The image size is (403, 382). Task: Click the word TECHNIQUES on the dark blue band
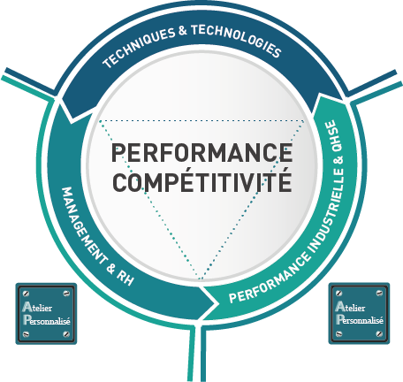(139, 47)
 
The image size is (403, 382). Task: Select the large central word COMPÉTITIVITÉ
(202, 180)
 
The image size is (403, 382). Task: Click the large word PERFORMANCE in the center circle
(202, 152)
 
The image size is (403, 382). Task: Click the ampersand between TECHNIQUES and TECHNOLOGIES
(183, 31)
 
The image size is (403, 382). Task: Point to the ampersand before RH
(110, 267)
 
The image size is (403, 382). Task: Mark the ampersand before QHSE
(338, 160)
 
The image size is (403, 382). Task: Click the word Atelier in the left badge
(37, 307)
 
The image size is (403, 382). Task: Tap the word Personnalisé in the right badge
(360, 319)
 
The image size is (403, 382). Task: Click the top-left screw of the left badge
(26, 294)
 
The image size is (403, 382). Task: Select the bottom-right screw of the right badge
(379, 334)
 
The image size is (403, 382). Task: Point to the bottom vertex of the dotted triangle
(201, 279)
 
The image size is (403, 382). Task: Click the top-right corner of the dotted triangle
(304, 120)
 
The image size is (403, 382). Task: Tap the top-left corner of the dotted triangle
(100, 120)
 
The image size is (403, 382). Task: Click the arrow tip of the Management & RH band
(215, 302)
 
